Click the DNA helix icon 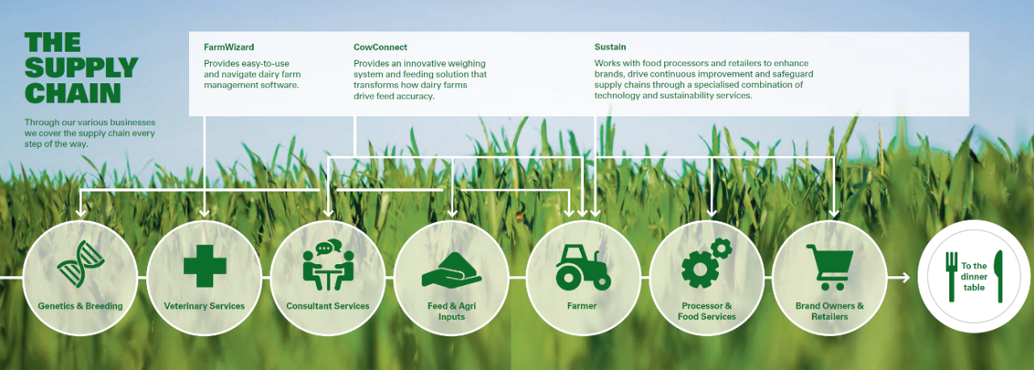point(80,264)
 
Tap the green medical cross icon point(205,267)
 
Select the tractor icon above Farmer point(583,267)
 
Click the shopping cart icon point(830,267)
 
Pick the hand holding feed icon point(452,270)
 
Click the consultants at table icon point(328,265)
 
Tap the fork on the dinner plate point(952,277)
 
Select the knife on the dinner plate point(999,276)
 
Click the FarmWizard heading point(229,47)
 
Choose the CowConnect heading point(380,47)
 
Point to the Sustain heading point(610,47)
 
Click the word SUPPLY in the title point(82,68)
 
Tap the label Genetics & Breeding point(80,306)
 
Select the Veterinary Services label point(204,306)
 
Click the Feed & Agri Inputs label point(452,311)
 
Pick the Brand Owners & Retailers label point(830,311)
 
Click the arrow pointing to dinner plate point(898,278)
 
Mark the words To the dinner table point(974,277)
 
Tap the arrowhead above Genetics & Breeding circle point(81,212)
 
